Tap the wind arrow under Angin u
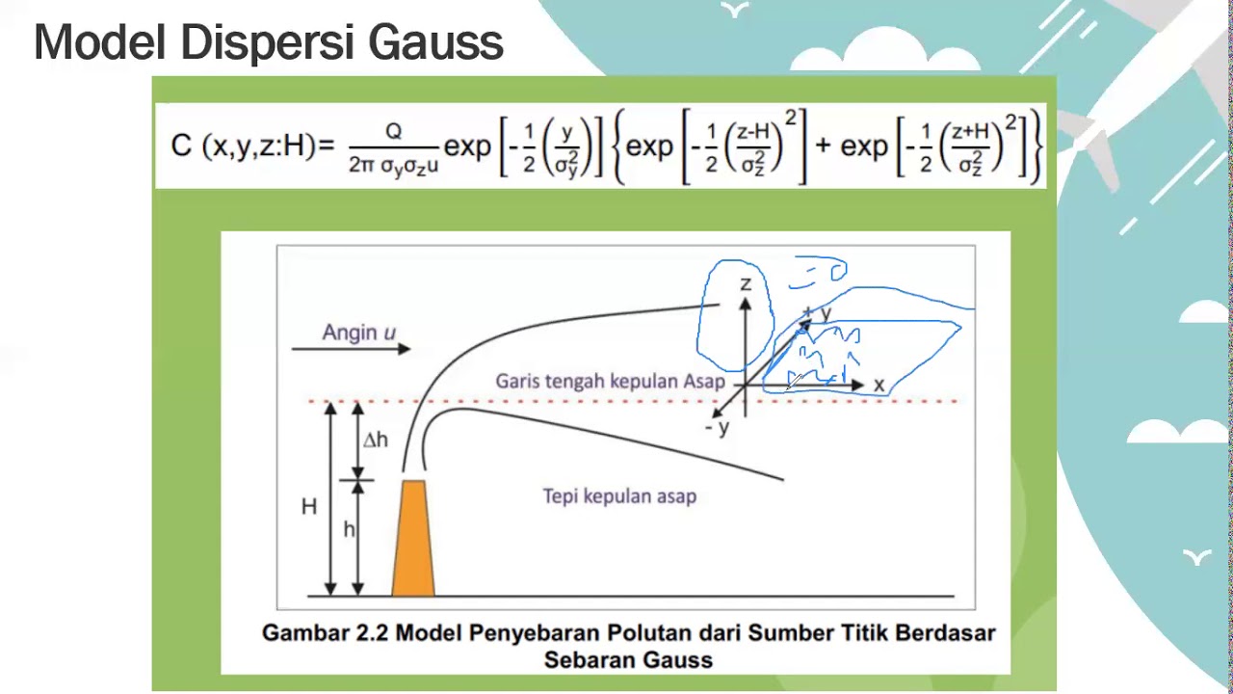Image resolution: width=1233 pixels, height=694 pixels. (x=351, y=349)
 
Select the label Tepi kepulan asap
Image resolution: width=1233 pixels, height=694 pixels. (x=619, y=496)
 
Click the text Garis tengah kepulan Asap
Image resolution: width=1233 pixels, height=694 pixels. (x=609, y=382)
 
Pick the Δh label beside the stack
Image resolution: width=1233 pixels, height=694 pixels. (x=376, y=440)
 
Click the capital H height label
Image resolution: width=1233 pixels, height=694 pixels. (x=308, y=507)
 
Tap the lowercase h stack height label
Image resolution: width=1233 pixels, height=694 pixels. (x=349, y=529)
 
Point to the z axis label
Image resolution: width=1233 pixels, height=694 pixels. (x=745, y=283)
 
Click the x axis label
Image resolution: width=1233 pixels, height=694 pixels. (x=879, y=386)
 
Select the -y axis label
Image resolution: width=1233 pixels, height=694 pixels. (x=718, y=427)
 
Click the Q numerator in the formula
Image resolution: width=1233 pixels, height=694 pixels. (x=393, y=132)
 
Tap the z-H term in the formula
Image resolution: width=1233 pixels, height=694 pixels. (x=753, y=133)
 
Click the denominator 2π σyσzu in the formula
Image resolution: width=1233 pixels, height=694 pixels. (x=394, y=165)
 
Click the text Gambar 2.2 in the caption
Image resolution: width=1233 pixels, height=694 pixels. (x=326, y=633)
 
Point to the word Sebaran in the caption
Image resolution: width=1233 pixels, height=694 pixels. (x=588, y=660)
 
